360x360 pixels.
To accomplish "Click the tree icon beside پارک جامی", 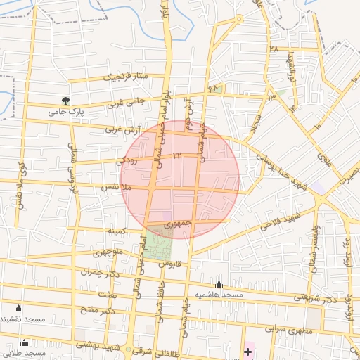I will (66, 101).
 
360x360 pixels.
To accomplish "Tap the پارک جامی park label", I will (66, 112).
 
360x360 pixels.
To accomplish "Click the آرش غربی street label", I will (124, 129).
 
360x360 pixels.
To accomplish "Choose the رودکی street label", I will (127, 161).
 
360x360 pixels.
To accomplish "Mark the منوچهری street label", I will (107, 252).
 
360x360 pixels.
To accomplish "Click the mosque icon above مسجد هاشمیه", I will (219, 284).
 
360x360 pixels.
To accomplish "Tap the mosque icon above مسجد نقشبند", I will (18, 308).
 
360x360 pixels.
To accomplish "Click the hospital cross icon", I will (247, 349).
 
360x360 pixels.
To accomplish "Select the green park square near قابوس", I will (157, 243).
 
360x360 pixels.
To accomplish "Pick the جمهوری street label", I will (178, 223).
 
